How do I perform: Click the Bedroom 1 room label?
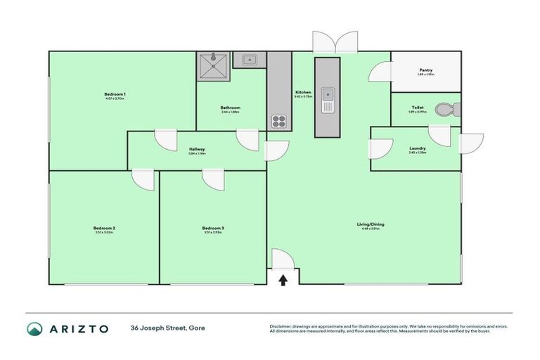[115, 95]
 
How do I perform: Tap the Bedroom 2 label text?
[104, 228]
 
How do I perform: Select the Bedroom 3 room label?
[213, 228]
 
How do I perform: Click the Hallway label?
[197, 149]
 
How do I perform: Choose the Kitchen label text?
[303, 93]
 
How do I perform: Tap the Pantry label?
[425, 70]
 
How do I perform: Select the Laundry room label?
[418, 148]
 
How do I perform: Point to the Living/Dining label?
[373, 225]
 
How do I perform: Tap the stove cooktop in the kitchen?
[279, 121]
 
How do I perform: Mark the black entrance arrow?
[283, 281]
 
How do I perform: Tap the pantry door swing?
[381, 71]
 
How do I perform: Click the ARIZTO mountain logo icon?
[35, 328]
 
